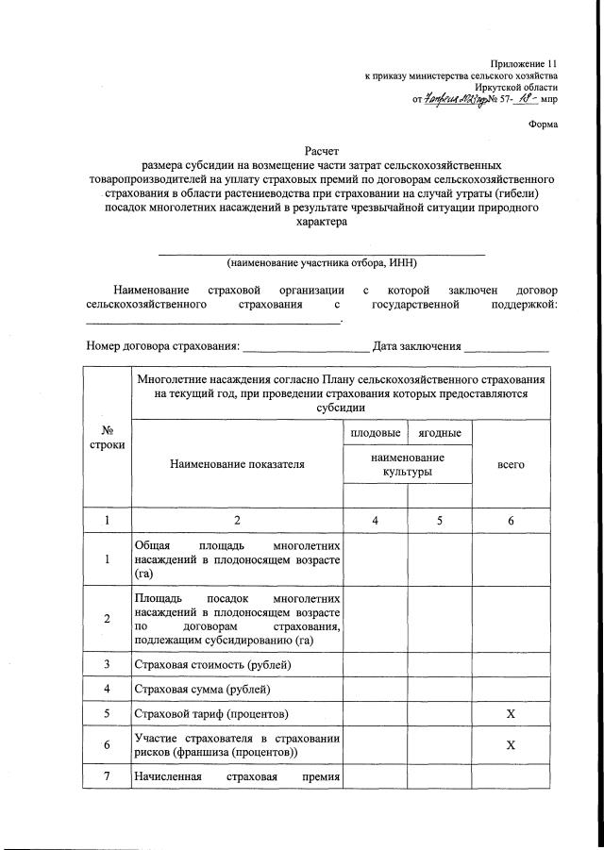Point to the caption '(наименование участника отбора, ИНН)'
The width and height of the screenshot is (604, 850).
click(321, 263)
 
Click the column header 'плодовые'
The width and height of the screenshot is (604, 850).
click(373, 433)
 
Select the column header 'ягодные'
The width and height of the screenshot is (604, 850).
click(438, 433)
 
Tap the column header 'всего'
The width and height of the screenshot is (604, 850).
click(511, 465)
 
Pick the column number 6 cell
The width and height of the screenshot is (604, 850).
click(511, 520)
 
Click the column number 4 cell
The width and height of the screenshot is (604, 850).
click(373, 520)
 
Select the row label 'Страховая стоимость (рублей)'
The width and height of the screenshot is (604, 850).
click(213, 665)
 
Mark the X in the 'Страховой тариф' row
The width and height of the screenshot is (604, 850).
click(511, 714)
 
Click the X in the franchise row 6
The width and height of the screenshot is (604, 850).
click(511, 744)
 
